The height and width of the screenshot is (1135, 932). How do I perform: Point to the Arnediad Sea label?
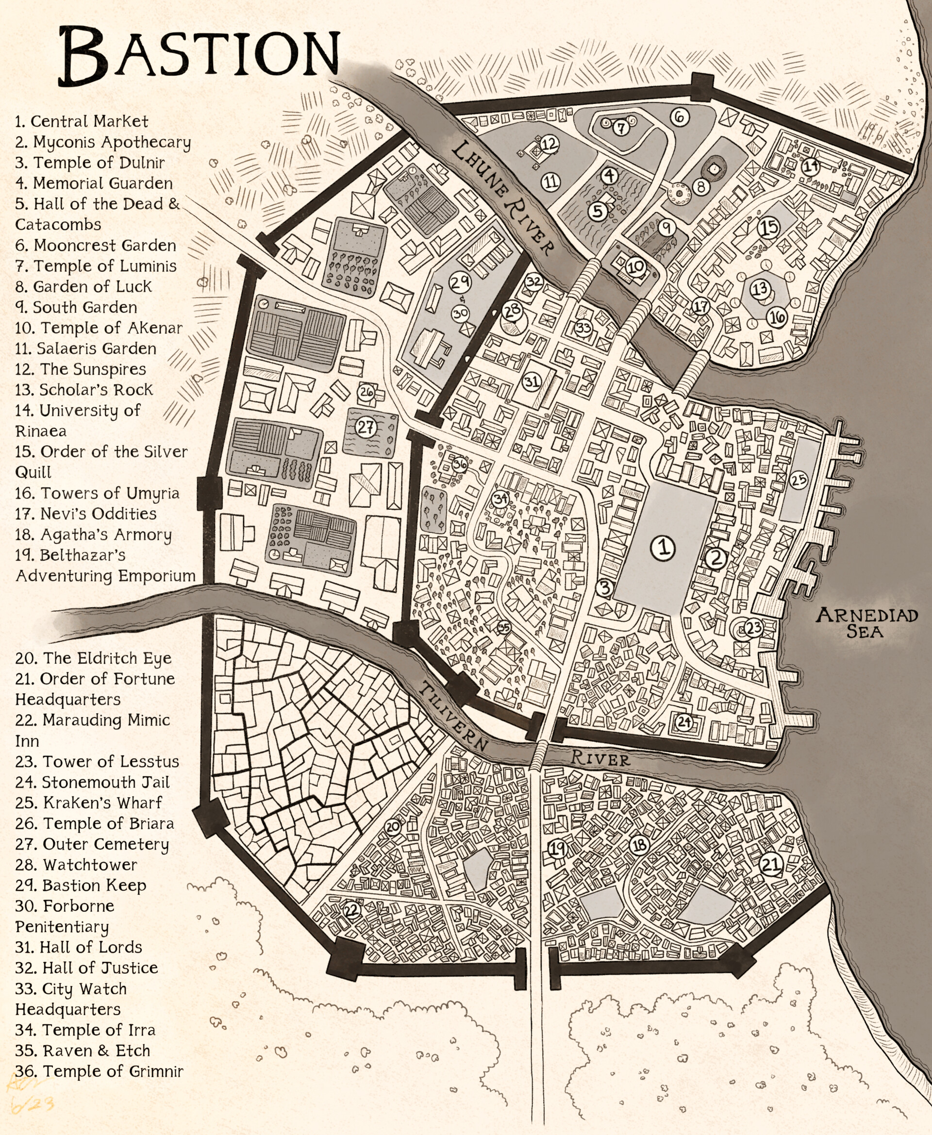[x=866, y=623]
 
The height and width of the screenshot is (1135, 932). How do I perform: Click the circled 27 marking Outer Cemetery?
[x=366, y=427]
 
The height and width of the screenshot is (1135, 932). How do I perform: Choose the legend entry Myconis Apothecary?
[x=102, y=142]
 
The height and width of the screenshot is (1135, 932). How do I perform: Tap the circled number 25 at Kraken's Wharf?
[x=799, y=480]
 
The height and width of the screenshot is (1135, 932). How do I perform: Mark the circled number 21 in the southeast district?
[x=771, y=864]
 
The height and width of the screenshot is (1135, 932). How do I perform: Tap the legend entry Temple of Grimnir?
[x=100, y=1071]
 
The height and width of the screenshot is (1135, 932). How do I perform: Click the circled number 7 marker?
[x=621, y=128]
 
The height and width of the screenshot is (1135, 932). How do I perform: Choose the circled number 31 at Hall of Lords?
[x=532, y=382]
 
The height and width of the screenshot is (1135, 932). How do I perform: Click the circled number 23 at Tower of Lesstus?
[x=754, y=627]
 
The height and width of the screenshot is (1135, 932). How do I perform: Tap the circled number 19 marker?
[x=557, y=848]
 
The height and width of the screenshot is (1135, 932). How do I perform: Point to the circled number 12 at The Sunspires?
[x=549, y=143]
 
